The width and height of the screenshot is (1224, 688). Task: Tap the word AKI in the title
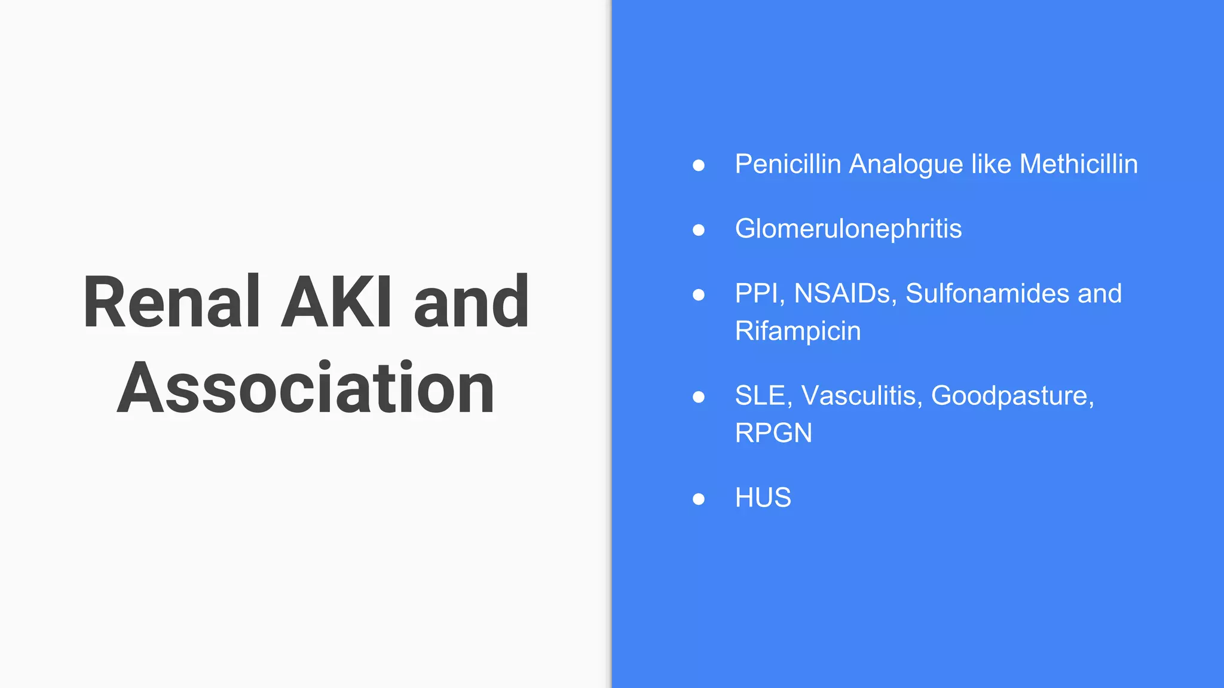[336, 302]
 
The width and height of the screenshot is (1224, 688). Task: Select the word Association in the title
[305, 389]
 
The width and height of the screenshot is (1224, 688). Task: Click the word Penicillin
[788, 164]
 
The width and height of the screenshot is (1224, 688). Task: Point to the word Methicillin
[1078, 164]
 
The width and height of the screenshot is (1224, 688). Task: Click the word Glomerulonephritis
[848, 229]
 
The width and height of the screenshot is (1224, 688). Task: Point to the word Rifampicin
[798, 331]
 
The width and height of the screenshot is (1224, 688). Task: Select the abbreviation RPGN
[773, 433]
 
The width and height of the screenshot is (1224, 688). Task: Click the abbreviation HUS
[763, 497]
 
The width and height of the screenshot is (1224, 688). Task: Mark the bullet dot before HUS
[698, 499]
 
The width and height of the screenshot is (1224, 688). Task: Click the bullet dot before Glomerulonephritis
[698, 230]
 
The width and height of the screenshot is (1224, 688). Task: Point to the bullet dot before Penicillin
[698, 165]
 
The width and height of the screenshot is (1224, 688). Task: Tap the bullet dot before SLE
[698, 397]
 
